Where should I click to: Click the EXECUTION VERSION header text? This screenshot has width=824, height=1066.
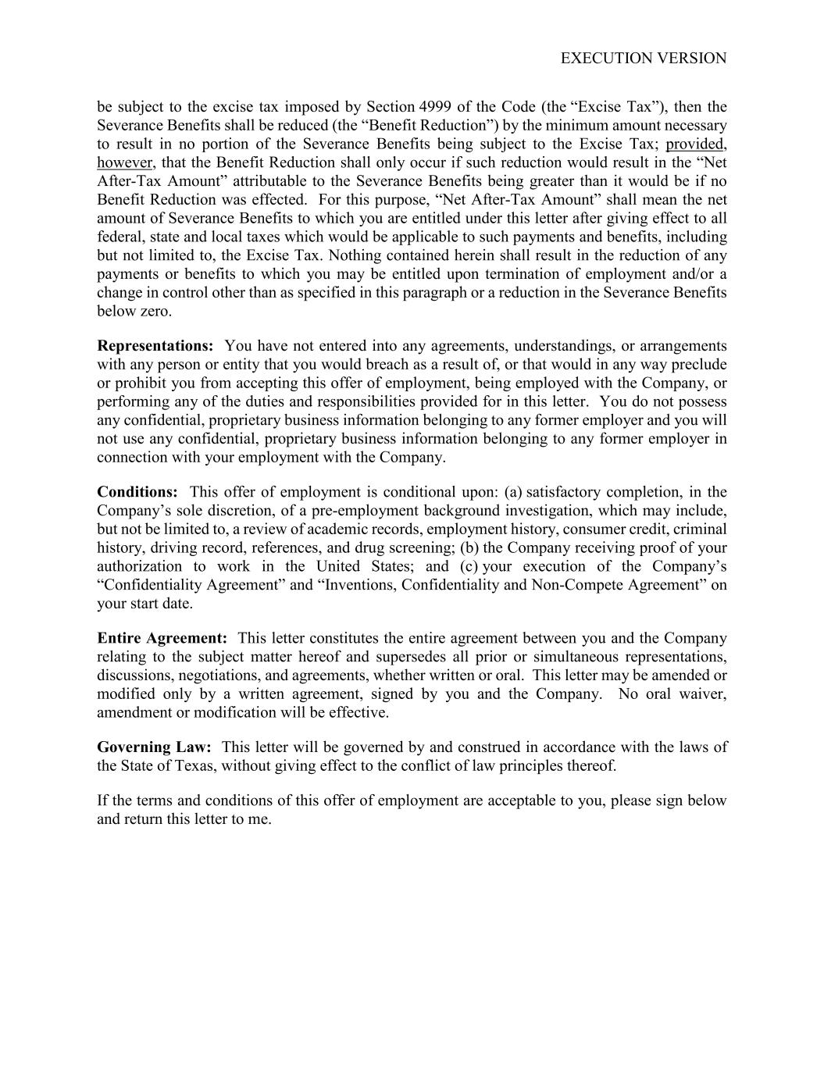(x=644, y=59)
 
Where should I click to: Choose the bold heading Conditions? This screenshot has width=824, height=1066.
(x=137, y=492)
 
